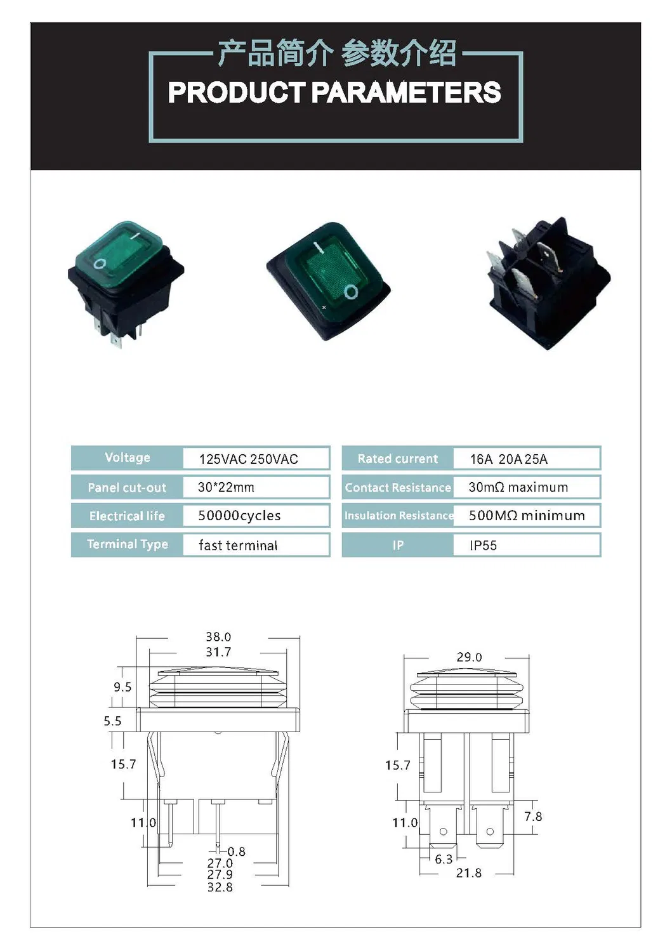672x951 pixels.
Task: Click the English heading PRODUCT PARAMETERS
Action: point(334,93)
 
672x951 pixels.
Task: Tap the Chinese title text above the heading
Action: point(336,53)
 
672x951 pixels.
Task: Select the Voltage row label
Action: point(127,457)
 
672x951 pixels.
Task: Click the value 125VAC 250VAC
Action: point(248,459)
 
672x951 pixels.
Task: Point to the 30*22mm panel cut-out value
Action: point(226,487)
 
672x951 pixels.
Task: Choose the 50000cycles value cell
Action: point(239,516)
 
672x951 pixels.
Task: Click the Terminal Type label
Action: point(127,544)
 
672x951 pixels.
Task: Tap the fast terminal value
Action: point(238,546)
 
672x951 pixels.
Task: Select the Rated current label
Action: point(397,459)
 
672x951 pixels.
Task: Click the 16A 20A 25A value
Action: point(508,459)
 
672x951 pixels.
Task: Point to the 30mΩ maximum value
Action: point(518,487)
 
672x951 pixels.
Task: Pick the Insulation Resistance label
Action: point(398,516)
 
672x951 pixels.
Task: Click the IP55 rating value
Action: point(483,546)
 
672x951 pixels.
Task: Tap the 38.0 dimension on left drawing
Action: point(218,636)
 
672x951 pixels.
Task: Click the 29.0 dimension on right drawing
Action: point(469,657)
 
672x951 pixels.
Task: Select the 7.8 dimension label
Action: point(533,817)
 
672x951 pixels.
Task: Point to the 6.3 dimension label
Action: point(444,859)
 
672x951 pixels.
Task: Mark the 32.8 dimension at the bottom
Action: point(220,887)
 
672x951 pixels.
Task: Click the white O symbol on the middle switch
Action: point(351,291)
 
